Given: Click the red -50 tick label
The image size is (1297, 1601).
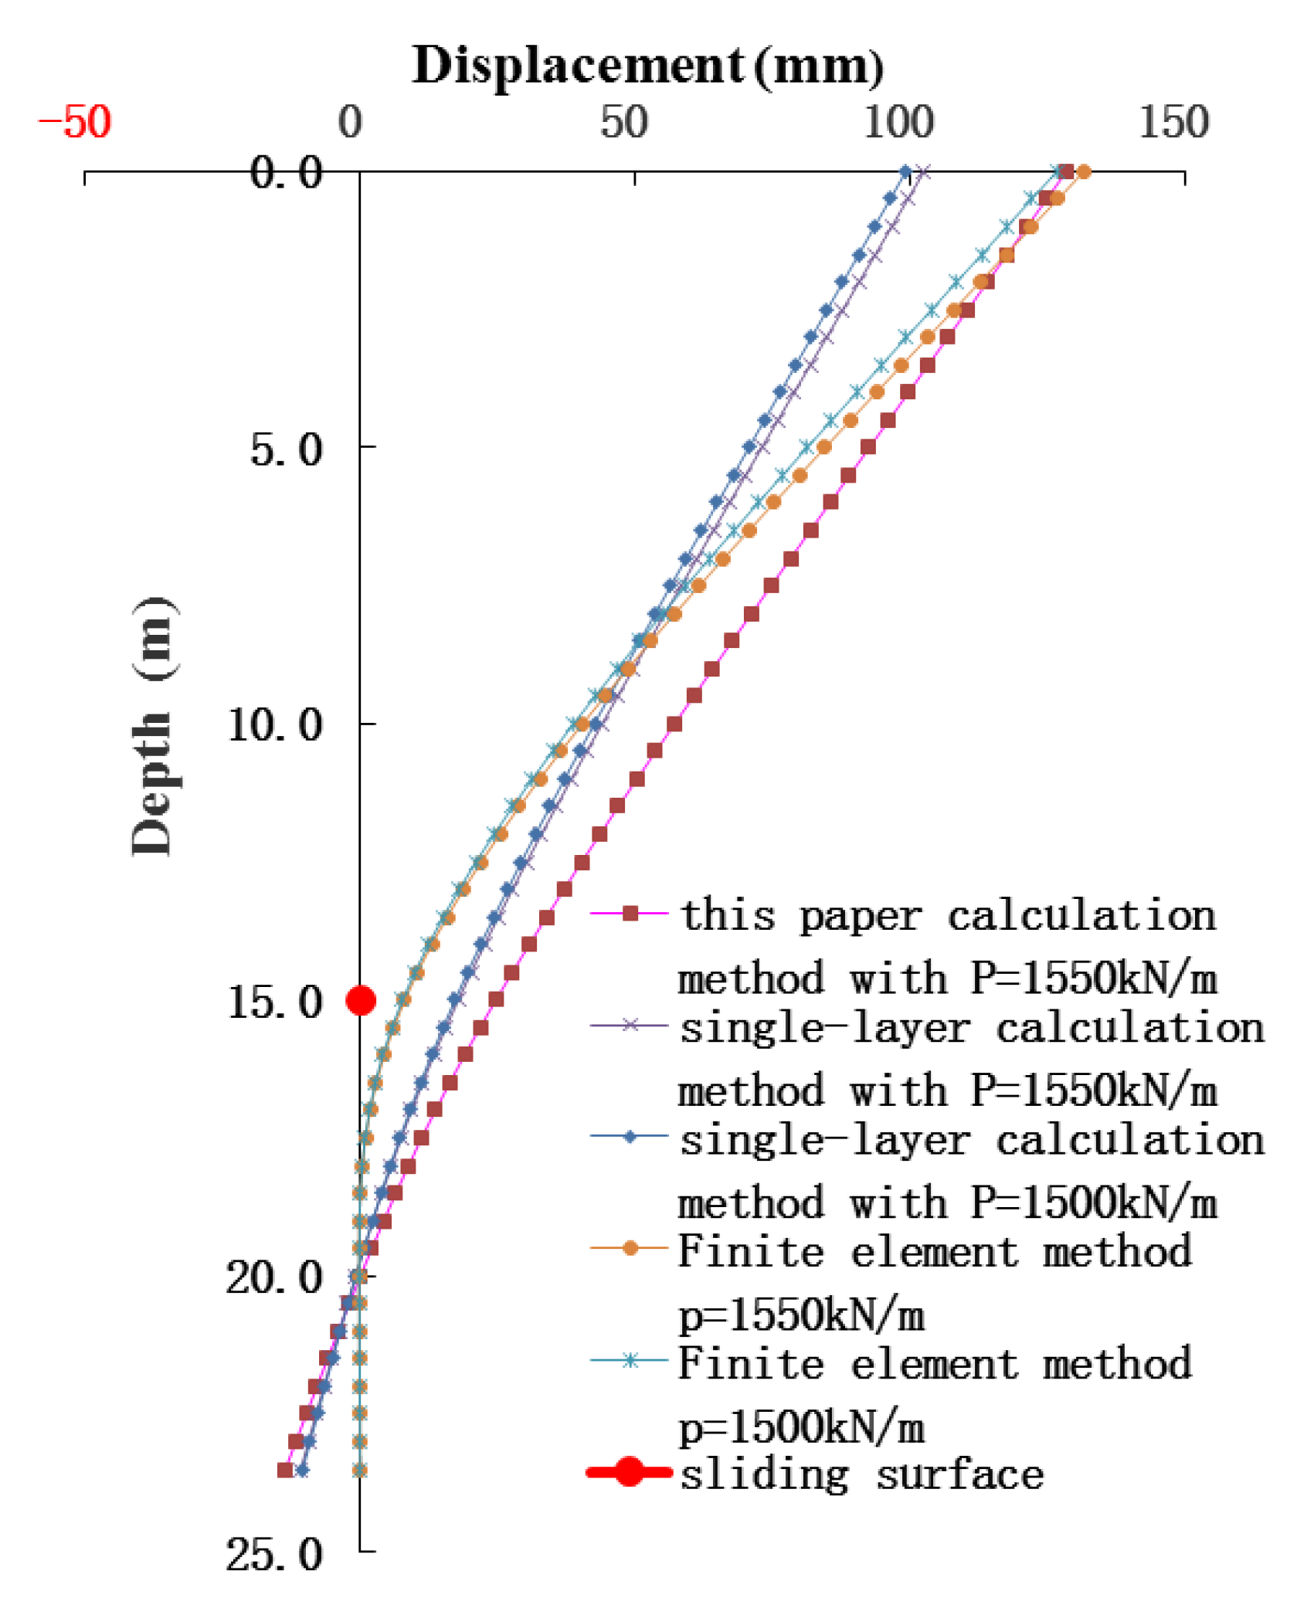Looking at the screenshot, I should [75, 122].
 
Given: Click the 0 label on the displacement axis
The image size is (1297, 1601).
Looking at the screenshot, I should [350, 122].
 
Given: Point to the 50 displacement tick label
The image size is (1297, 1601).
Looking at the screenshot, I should [623, 122].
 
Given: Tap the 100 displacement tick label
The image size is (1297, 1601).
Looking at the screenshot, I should [898, 122].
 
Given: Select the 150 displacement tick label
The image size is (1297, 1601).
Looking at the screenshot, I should [1173, 122].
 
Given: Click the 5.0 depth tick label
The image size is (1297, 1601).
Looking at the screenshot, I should [285, 449].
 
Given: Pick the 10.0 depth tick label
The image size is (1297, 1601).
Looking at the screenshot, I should [274, 725].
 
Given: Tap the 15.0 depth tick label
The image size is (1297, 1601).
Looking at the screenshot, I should [274, 1002].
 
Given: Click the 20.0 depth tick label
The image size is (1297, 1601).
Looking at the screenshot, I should [274, 1278].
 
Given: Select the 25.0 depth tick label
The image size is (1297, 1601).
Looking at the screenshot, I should [274, 1555].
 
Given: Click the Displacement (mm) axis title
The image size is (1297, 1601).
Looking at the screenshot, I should [647, 66].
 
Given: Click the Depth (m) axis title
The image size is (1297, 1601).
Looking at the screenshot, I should [152, 726].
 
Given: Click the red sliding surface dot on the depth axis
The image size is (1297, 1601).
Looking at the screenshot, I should [361, 1001].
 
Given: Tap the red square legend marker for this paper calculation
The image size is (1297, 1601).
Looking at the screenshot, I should [630, 914].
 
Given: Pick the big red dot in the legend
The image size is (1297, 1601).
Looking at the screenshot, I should [630, 1472].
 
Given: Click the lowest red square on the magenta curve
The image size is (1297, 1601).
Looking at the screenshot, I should [285, 1470].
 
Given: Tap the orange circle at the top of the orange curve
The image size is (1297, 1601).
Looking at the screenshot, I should [1084, 171].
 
